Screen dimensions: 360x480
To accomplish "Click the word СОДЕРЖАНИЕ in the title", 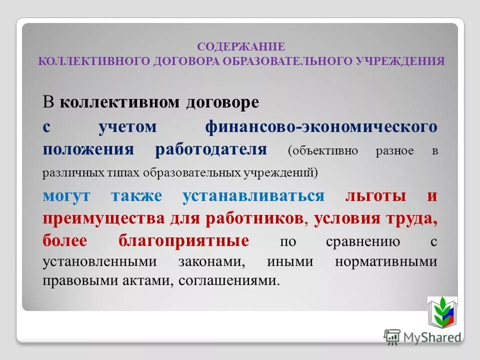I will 241,46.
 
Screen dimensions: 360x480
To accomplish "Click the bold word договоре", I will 222,103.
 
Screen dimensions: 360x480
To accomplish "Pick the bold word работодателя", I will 211,149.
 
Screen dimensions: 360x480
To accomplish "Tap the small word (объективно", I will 322,151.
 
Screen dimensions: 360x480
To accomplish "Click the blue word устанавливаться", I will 253,195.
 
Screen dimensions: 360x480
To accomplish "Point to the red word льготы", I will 375,195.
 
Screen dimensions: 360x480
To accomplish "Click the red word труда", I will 413,218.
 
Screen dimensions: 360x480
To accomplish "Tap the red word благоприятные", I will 184,241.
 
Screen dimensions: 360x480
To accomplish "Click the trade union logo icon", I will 442,312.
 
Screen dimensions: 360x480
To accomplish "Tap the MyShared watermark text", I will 431,336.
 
